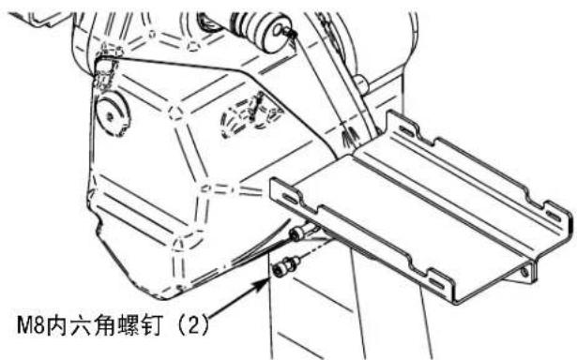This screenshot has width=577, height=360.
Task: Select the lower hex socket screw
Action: pos(281,268)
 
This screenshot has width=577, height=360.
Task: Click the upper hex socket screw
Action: pos(299,233)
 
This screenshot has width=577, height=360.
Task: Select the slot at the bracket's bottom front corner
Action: pos(437,278)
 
